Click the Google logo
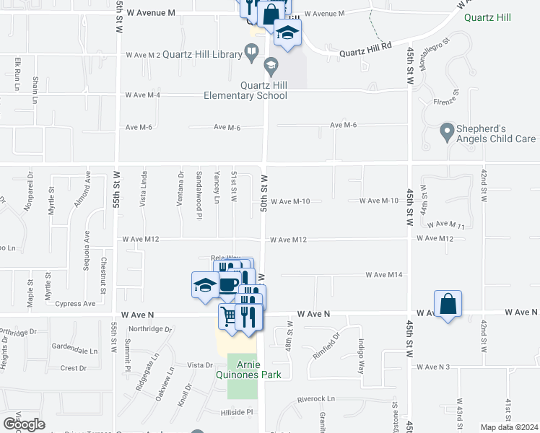tap(24, 424)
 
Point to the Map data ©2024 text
tap(509, 427)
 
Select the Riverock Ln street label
tap(316, 398)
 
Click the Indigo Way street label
tap(362, 354)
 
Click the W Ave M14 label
tap(383, 275)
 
